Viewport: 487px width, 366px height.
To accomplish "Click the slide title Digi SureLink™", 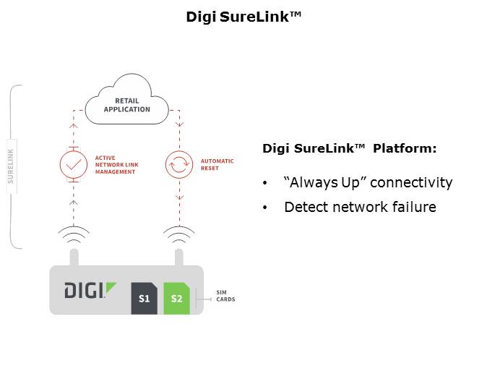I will coord(243,16).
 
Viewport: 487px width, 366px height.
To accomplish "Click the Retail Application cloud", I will coord(126,105).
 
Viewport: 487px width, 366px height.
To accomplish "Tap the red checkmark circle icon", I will coord(73,165).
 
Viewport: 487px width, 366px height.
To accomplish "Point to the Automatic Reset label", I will coord(217,165).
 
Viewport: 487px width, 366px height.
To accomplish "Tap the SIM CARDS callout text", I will coord(225,296).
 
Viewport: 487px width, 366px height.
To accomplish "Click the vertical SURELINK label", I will coord(11,166).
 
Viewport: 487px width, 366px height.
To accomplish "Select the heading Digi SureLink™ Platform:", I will coord(349,148).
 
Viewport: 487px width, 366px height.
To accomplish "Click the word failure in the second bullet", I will coord(414,208).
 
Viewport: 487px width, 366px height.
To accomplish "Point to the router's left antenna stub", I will coord(73,258).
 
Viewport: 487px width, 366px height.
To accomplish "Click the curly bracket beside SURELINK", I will coord(15,166).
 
